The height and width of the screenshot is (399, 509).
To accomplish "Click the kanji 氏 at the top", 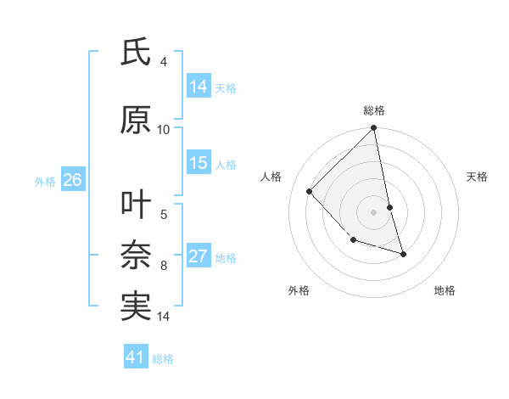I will [136, 53].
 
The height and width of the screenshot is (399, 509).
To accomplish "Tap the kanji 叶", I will [136, 205].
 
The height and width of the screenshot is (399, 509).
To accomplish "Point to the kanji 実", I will [136, 306].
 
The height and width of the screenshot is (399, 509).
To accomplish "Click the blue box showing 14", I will [199, 86].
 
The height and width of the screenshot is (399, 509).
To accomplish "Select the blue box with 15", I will [199, 163].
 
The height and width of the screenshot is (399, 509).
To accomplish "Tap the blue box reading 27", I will [199, 256].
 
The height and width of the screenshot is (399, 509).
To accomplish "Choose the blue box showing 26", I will [72, 180].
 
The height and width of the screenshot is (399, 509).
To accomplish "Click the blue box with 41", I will [136, 357].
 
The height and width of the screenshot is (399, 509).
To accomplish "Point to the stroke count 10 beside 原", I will [164, 129].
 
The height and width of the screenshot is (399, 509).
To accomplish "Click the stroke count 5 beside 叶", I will [164, 214].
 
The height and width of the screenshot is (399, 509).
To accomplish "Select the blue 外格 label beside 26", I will [45, 181].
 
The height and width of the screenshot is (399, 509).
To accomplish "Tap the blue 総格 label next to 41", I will [163, 359].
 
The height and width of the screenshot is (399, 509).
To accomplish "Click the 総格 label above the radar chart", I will [374, 110].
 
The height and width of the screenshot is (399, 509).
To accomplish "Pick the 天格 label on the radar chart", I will [478, 177].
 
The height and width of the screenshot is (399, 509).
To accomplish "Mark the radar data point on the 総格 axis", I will [373, 129].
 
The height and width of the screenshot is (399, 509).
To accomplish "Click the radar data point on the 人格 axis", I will [310, 191].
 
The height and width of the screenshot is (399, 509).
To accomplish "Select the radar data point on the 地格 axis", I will [403, 254].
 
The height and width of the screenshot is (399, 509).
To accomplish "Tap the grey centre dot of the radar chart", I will [373, 211].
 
